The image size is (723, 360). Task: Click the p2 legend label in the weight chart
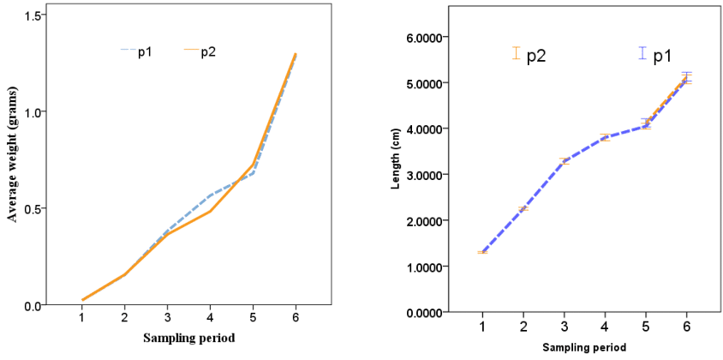[208, 51]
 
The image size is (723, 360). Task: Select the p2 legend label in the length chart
[537, 56]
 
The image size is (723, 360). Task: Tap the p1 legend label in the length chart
[662, 57]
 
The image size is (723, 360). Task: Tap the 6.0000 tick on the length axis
[432, 38]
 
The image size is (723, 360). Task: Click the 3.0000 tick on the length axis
[432, 175]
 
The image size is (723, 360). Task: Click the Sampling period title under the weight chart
[189, 338]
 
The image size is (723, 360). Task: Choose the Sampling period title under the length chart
[584, 347]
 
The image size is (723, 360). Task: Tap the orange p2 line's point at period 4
[211, 211]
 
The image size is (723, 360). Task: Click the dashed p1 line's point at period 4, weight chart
[211, 195]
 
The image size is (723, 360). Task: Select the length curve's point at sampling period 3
[565, 160]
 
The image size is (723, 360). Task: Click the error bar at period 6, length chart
[686, 78]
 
